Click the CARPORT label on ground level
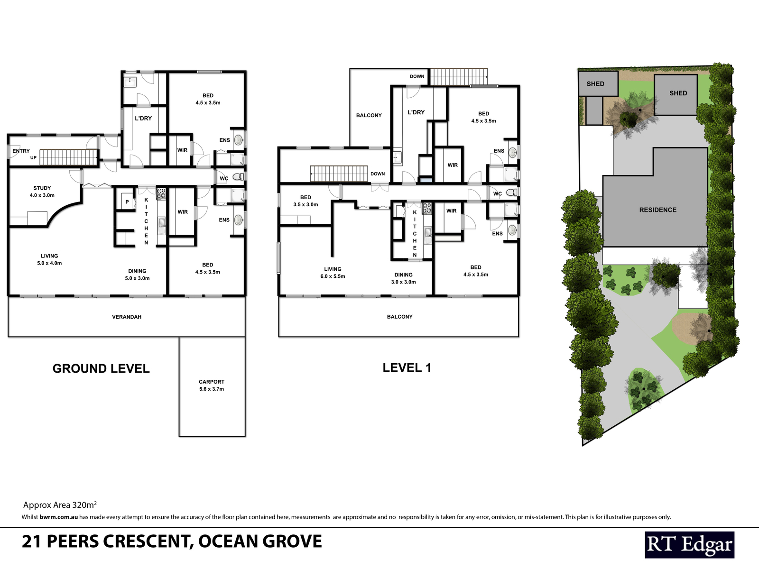(212, 385)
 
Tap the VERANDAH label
(127, 317)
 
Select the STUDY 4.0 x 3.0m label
(42, 192)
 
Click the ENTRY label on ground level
(21, 151)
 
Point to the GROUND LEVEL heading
(101, 368)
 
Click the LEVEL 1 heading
(407, 367)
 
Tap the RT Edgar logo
(689, 545)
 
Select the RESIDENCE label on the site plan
(657, 210)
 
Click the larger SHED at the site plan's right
(678, 93)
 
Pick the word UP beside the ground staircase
(33, 157)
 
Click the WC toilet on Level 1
(511, 193)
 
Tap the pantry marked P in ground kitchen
(127, 202)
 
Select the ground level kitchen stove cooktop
(161, 193)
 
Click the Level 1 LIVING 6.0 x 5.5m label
(333, 272)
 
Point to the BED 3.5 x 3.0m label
(305, 201)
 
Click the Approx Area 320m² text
(60, 505)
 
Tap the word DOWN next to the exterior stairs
(417, 76)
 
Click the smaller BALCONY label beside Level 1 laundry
(369, 115)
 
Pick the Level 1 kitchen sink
(428, 232)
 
